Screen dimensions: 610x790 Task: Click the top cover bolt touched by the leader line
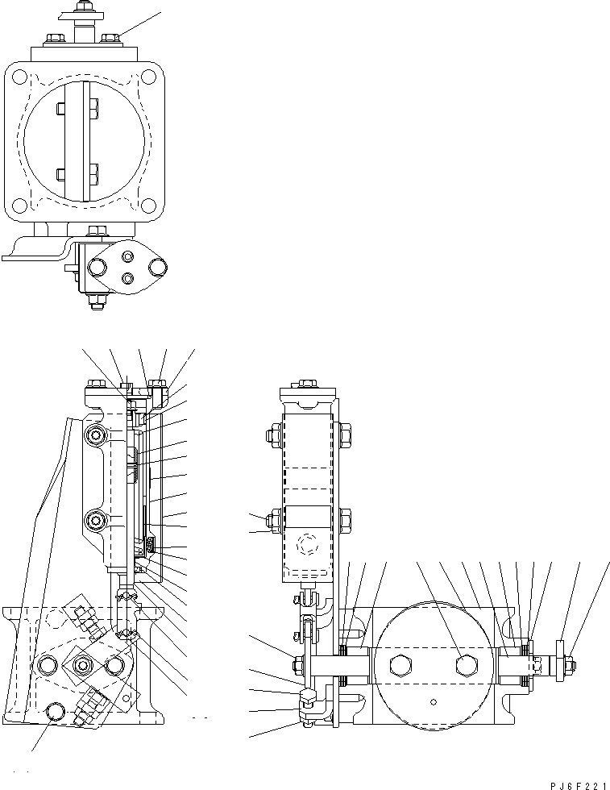tap(111, 37)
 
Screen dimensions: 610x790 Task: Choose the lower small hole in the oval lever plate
tap(127, 279)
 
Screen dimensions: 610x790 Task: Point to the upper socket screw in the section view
tap(98, 435)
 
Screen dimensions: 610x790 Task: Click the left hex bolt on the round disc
tap(400, 665)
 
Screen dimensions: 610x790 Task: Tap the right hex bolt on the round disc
tap(464, 665)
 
